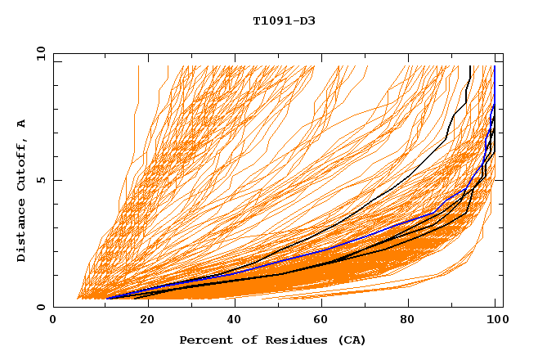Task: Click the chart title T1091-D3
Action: [284, 20]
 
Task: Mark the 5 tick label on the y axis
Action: [40, 180]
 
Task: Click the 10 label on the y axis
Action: [40, 53]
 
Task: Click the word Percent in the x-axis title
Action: [204, 340]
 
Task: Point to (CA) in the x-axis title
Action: [352, 340]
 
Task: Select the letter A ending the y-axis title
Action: [21, 124]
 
